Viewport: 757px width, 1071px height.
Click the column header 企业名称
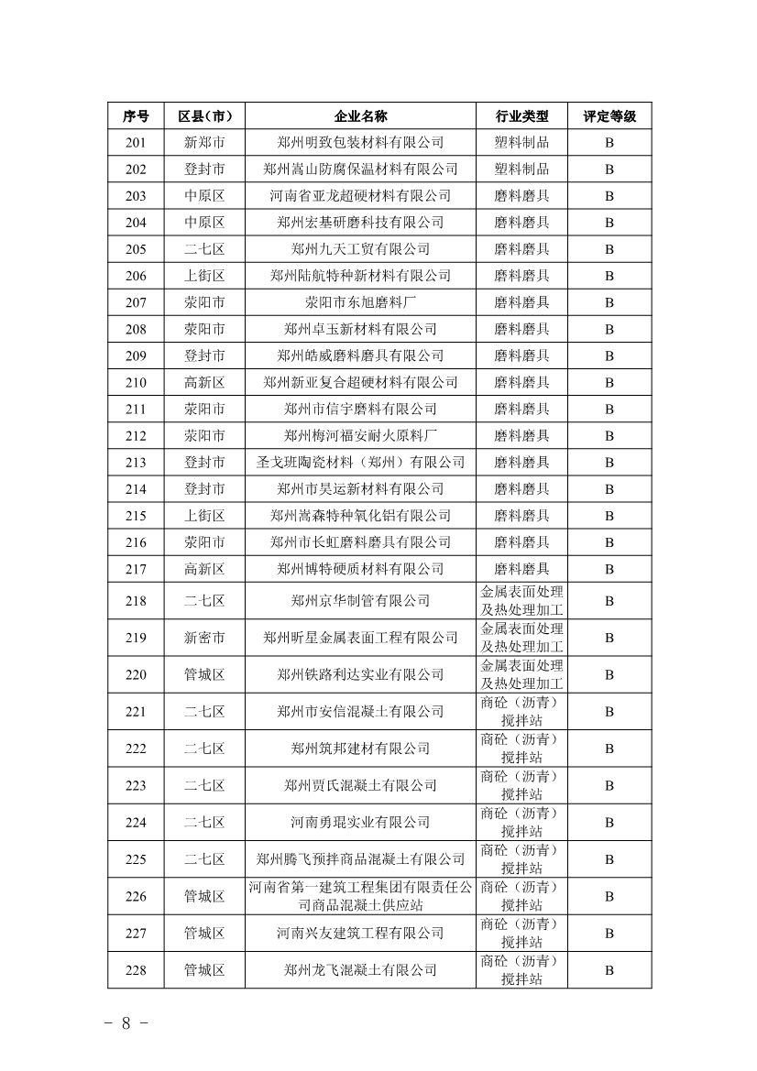tap(360, 116)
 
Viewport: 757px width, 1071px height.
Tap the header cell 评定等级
tap(609, 116)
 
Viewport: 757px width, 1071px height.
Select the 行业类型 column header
tap(521, 116)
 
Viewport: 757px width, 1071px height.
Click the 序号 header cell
tap(136, 116)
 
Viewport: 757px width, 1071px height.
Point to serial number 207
tap(136, 302)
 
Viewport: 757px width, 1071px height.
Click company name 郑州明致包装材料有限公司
tap(360, 143)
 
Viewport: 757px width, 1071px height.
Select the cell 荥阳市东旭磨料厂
tap(360, 302)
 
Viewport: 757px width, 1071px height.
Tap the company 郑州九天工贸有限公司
tap(360, 249)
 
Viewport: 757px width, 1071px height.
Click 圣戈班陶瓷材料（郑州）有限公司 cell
tap(360, 463)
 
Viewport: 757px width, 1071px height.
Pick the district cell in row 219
tap(204, 638)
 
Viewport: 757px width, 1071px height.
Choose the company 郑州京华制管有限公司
tap(360, 601)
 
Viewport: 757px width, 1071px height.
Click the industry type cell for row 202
tap(521, 169)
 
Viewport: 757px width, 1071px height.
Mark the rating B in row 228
tap(609, 970)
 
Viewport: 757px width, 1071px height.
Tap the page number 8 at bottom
tap(126, 1023)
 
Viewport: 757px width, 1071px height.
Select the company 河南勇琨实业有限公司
tap(360, 823)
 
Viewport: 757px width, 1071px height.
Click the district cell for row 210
tap(204, 382)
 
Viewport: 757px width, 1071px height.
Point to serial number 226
tap(136, 896)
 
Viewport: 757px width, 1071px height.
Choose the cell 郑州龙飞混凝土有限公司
tap(360, 970)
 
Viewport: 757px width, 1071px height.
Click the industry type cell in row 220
tap(521, 674)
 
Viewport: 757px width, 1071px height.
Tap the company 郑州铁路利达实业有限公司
tap(360, 674)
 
